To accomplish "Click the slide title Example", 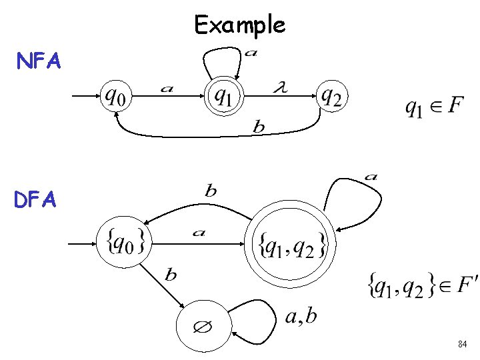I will click(240, 25).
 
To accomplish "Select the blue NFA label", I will click(39, 62).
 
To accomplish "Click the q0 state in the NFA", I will click(116, 97).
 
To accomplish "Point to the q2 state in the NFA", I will click(331, 97).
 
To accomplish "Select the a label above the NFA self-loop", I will click(250, 53).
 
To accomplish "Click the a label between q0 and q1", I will click(167, 88).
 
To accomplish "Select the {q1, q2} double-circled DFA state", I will click(291, 245).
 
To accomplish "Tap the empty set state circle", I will click(202, 327).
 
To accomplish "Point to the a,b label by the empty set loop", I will click(301, 315).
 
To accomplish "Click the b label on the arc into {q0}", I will click(211, 191).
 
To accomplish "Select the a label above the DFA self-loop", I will click(371, 177).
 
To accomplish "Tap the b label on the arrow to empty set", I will click(171, 275).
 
